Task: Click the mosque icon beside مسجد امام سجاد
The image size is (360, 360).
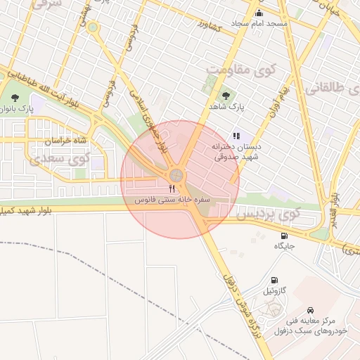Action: [259, 13]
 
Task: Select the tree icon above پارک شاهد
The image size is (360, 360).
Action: [226, 96]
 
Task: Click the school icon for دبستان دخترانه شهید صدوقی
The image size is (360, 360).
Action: [236, 136]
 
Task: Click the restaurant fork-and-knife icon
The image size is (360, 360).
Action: [172, 190]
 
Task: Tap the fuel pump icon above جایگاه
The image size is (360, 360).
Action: [284, 236]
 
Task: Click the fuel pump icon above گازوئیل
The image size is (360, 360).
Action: [273, 279]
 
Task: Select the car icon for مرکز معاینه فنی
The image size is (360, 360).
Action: [310, 309]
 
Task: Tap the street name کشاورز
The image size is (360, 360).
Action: [209, 27]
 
